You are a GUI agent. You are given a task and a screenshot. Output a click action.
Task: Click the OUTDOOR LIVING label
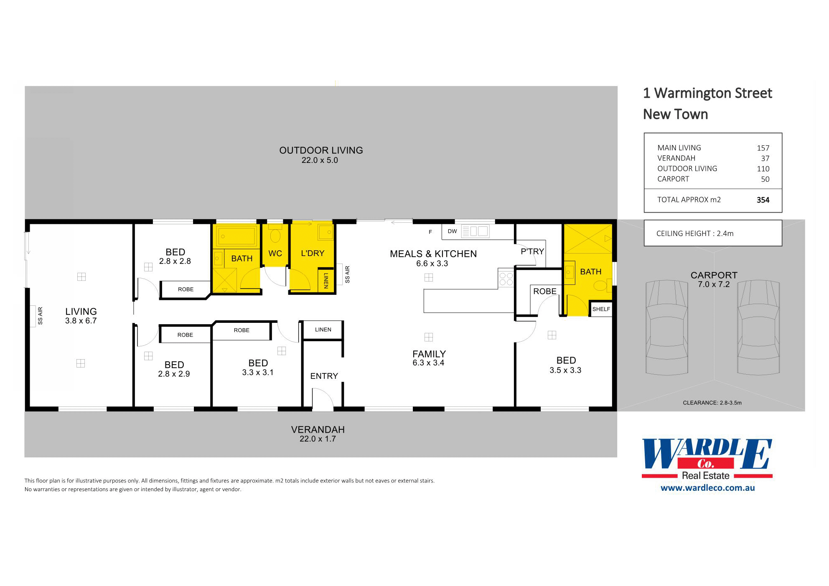click(x=321, y=151)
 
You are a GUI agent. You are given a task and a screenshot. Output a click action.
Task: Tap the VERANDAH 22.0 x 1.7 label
click(x=318, y=434)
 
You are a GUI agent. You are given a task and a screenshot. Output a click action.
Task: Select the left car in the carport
click(x=666, y=327)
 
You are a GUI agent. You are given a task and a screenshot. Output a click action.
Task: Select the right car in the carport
click(x=758, y=327)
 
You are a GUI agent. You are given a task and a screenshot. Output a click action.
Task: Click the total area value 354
click(x=763, y=200)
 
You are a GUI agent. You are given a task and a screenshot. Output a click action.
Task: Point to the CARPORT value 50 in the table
click(x=765, y=179)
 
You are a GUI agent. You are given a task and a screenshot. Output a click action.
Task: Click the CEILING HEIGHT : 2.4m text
click(x=694, y=233)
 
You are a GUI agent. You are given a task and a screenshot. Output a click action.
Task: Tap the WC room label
click(x=275, y=254)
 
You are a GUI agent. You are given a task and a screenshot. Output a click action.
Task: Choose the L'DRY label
click(x=313, y=254)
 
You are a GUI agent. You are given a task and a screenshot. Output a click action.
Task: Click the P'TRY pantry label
click(x=532, y=251)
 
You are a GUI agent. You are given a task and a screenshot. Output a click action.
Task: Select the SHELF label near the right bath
click(x=601, y=309)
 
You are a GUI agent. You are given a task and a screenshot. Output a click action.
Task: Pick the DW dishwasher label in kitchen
click(x=452, y=231)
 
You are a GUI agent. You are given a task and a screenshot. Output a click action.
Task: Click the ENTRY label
click(x=324, y=376)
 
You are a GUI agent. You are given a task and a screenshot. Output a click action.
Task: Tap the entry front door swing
click(x=322, y=399)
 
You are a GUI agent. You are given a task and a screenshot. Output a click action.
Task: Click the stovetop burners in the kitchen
click(x=506, y=279)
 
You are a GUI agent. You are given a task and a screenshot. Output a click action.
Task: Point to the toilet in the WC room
click(x=275, y=235)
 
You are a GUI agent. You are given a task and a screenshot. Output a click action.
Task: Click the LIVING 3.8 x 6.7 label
click(x=81, y=316)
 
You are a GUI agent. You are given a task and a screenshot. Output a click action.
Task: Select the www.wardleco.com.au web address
click(x=707, y=488)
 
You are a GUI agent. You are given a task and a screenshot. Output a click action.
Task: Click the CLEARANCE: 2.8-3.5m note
click(x=712, y=403)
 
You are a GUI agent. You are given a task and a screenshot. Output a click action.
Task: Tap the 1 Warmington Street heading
click(x=707, y=93)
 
